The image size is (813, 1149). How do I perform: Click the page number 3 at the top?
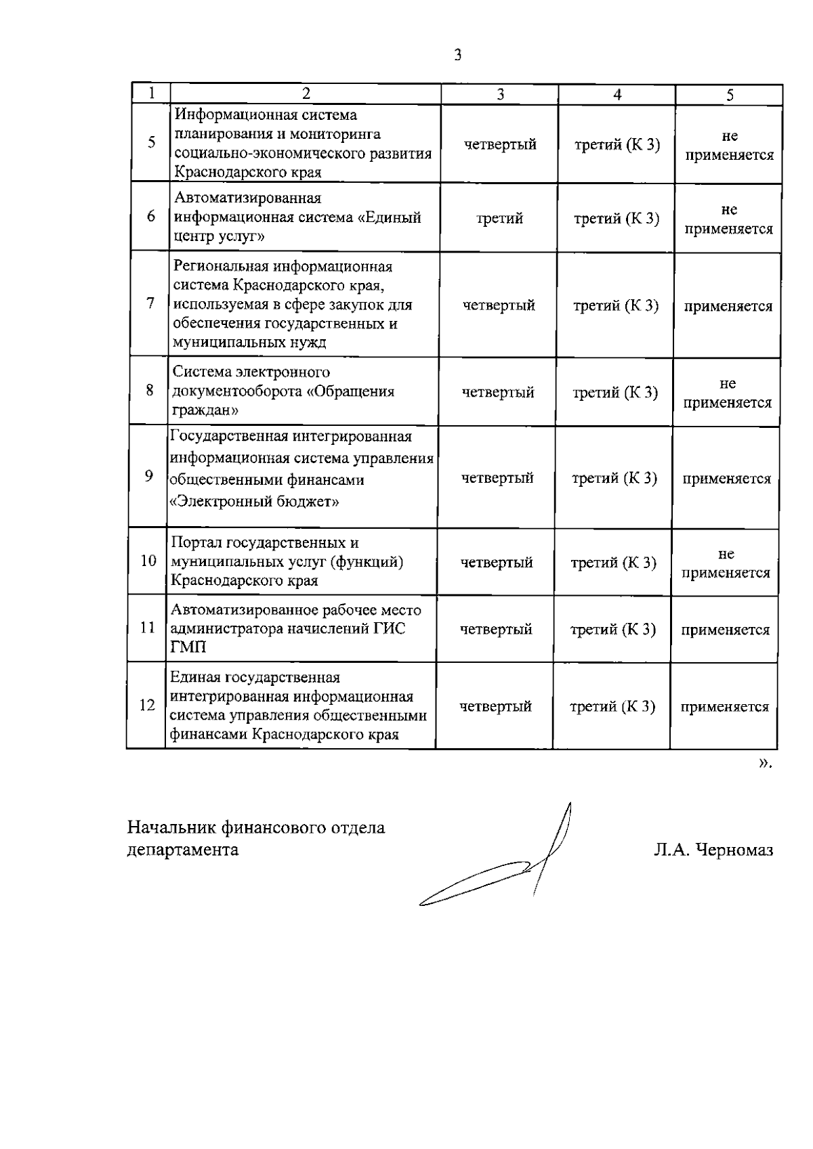tap(458, 56)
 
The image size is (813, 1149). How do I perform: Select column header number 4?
tap(617, 95)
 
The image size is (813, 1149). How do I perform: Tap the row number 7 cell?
tap(150, 303)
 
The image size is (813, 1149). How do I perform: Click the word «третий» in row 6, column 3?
tap(499, 218)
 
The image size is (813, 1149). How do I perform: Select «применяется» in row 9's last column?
tap(726, 479)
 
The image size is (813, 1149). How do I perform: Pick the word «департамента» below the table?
tap(183, 850)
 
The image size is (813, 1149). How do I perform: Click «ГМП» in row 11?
tap(189, 648)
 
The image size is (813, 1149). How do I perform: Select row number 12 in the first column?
tap(147, 706)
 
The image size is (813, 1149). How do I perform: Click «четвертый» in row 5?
tap(500, 144)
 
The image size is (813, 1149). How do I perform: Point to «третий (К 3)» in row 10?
tap(614, 563)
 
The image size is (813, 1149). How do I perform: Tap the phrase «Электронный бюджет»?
tap(254, 502)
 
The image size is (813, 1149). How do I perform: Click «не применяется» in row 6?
tap(728, 219)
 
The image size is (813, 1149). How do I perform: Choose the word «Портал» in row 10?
tap(196, 543)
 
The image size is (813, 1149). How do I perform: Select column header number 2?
tap(306, 93)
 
